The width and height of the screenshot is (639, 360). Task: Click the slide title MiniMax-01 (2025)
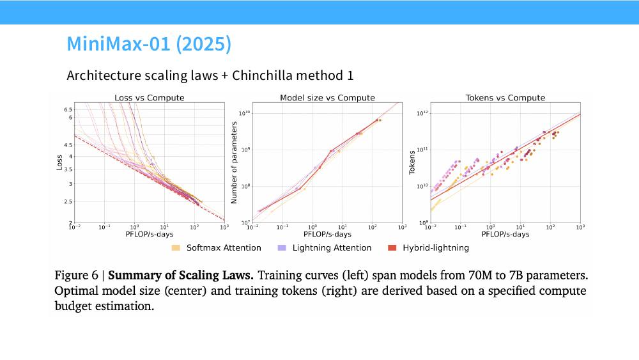point(149,44)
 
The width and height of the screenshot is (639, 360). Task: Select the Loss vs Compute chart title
point(149,98)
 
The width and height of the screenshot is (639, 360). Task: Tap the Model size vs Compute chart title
point(327,98)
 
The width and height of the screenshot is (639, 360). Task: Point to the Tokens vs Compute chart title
point(505,98)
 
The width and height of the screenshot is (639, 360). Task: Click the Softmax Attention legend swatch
point(176,248)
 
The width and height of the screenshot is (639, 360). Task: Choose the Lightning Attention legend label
point(332,248)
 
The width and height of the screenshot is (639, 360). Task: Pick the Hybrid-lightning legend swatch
point(392,248)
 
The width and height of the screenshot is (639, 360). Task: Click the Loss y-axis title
point(59,162)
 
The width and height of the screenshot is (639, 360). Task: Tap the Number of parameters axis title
point(234,162)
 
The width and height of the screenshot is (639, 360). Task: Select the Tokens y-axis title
point(412,162)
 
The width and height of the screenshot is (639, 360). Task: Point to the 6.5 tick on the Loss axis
point(68,110)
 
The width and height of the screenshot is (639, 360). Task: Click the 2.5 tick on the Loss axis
point(68,202)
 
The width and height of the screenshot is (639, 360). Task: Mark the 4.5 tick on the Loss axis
point(68,145)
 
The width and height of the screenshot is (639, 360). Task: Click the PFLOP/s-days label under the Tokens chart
point(505,235)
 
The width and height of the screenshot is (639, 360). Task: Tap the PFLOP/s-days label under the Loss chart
point(149,235)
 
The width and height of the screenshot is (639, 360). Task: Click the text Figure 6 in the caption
point(77,275)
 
